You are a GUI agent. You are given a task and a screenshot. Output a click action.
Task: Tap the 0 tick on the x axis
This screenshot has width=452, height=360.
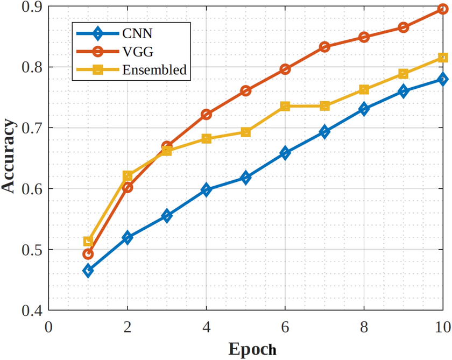[48, 326]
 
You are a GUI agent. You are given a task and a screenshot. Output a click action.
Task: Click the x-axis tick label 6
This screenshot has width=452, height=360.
[285, 326]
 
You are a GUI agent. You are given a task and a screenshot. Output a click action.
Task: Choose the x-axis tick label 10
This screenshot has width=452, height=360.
[442, 326]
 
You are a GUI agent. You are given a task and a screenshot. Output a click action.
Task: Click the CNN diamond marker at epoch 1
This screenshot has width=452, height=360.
[88, 271]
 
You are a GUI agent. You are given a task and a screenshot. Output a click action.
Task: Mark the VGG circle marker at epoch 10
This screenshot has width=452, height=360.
[442, 9]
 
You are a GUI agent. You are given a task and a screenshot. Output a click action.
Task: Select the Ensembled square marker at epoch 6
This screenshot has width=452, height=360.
[285, 107]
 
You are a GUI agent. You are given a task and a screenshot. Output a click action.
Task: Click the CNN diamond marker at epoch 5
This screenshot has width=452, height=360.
[245, 178]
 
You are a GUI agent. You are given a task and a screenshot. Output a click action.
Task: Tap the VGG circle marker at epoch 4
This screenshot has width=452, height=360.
[206, 114]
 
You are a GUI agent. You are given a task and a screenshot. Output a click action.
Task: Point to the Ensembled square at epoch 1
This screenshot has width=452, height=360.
[88, 242]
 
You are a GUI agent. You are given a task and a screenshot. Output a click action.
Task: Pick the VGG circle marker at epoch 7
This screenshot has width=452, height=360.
[324, 47]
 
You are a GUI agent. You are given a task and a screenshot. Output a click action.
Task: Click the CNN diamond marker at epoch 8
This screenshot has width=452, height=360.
[364, 109]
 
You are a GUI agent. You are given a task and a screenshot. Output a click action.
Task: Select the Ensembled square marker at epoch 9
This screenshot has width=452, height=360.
[403, 74]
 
